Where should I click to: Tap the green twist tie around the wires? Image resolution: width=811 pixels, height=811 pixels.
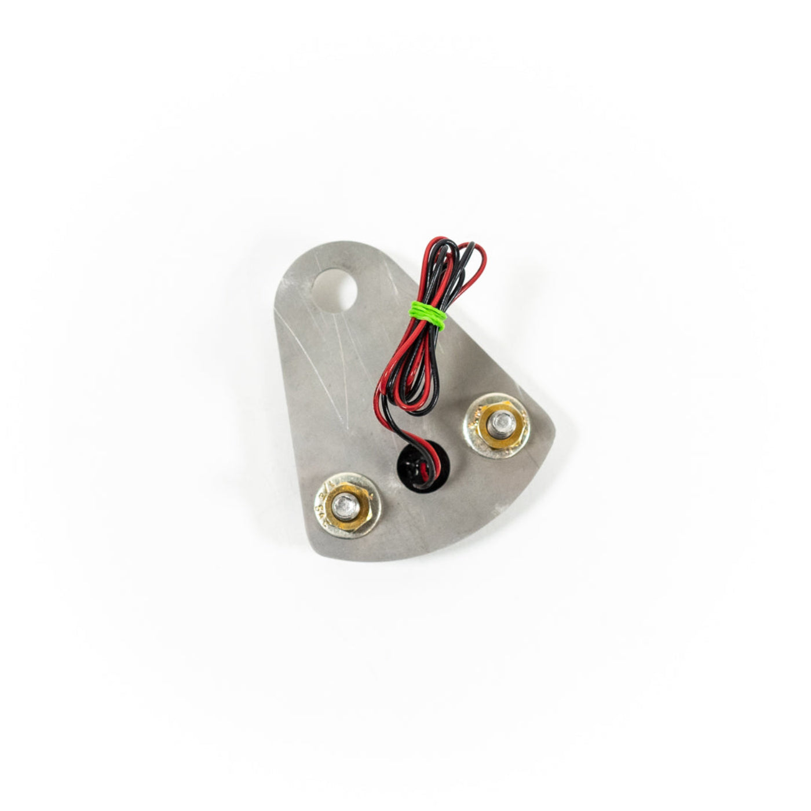coord(428,315)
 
